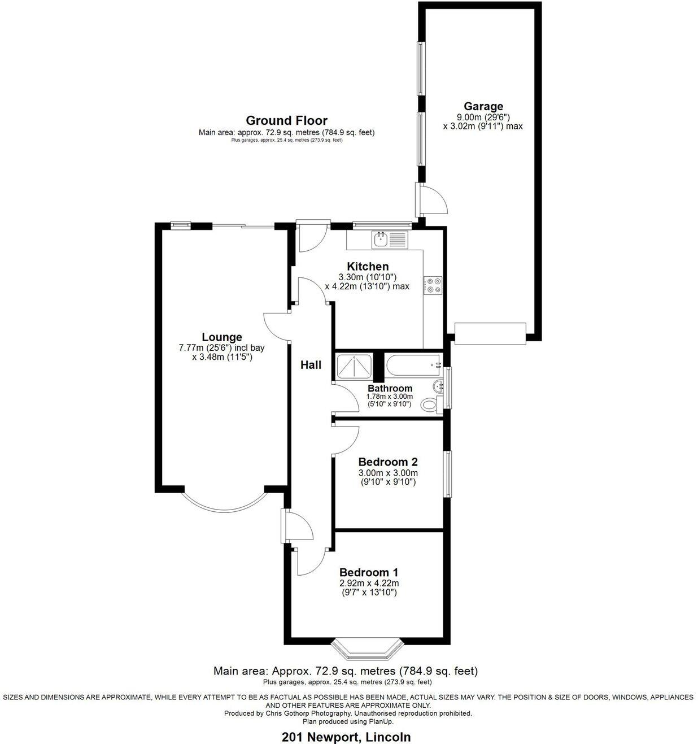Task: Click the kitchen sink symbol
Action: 390,240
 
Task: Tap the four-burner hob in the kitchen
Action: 433,285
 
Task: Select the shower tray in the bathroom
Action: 354,367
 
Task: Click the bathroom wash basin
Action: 438,387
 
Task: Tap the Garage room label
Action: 483,106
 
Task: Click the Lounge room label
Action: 222,337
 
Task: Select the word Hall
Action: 311,365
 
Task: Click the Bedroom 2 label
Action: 388,462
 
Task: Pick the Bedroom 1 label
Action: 369,572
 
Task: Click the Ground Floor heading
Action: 286,120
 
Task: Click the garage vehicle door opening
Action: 490,333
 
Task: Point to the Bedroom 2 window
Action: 448,473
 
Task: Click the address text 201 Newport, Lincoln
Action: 346,737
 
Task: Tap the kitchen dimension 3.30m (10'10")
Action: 367,277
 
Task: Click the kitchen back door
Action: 310,236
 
